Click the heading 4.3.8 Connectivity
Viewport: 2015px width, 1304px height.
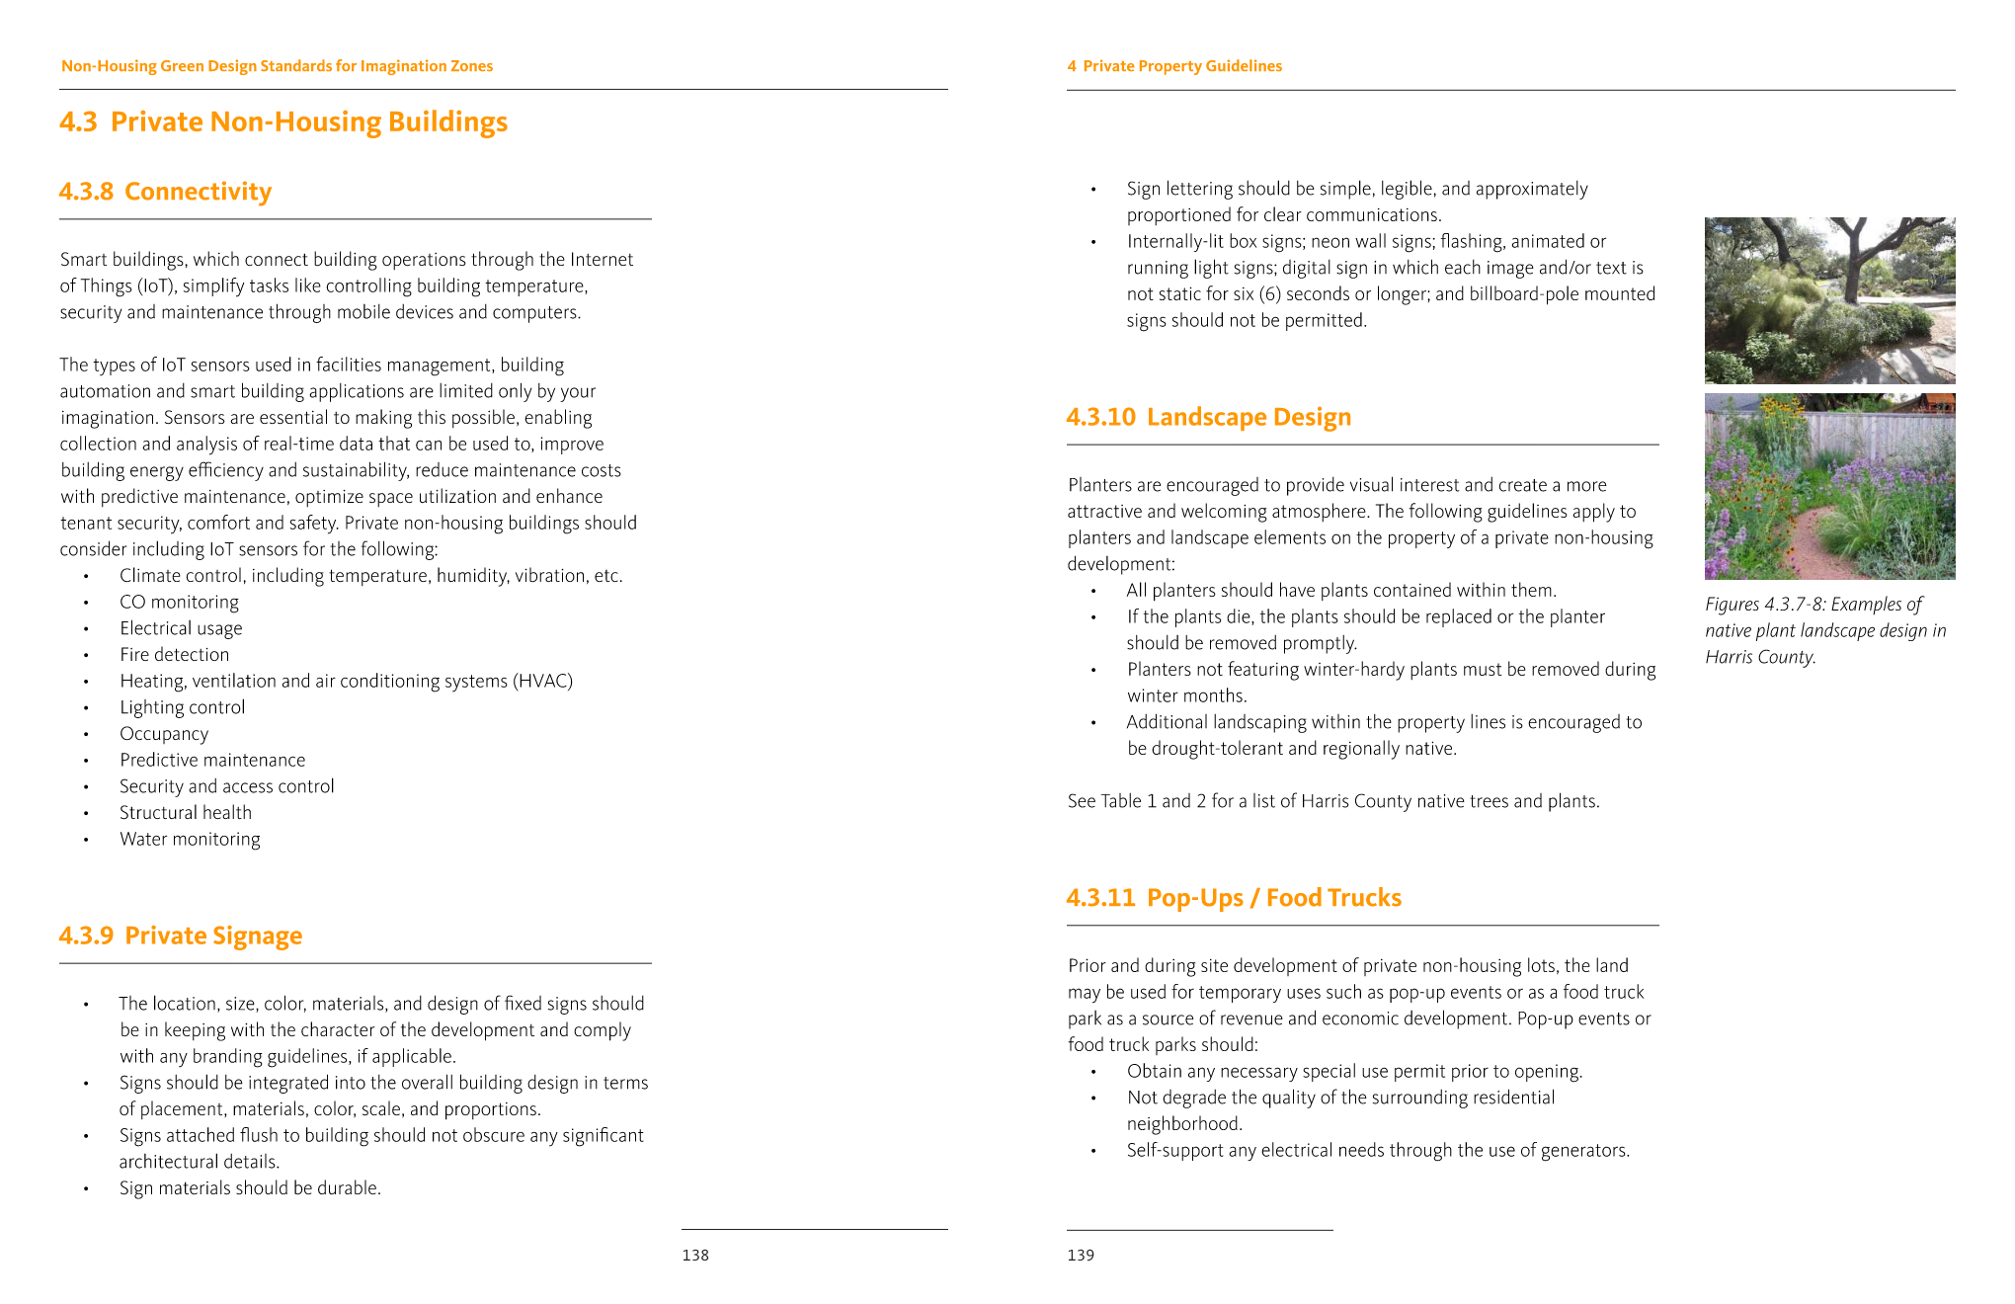(x=165, y=192)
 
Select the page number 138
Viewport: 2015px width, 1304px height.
(x=695, y=1256)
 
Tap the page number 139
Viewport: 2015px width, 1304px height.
(x=1081, y=1256)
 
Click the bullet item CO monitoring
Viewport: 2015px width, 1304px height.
(x=179, y=603)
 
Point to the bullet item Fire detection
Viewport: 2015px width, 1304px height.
(x=174, y=655)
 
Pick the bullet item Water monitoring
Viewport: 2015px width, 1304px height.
(x=190, y=840)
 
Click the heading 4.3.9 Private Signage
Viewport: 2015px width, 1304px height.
(x=181, y=936)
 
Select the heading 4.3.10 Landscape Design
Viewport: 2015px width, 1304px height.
(x=1208, y=417)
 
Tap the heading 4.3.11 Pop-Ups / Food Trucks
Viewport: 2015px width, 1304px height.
(x=1234, y=898)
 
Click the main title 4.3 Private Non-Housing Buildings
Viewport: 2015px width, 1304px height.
(x=283, y=122)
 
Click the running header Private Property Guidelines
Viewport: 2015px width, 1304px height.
(x=1181, y=66)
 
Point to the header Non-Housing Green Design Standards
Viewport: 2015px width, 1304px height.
(x=277, y=66)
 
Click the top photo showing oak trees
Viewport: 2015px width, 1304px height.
(x=1829, y=300)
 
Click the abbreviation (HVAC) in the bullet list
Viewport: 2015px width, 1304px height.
(x=542, y=682)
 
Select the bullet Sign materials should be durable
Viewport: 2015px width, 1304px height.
(x=250, y=1188)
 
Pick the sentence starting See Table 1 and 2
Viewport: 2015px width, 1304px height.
(x=1332, y=801)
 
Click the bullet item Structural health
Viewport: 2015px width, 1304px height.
(x=186, y=813)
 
